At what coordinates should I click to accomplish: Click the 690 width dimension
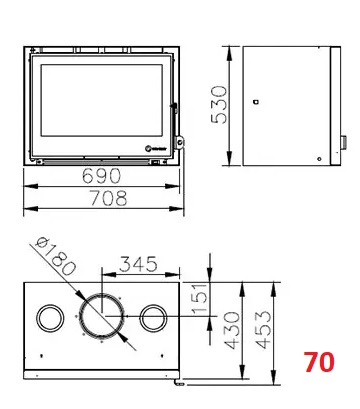[101, 176]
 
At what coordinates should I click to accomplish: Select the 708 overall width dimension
[108, 198]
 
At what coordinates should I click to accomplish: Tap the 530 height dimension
[219, 105]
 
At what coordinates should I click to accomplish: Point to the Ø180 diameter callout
[55, 256]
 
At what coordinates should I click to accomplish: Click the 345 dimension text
[138, 264]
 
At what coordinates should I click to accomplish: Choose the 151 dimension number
[200, 298]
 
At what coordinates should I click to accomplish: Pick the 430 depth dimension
[232, 330]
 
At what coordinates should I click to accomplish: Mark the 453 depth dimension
[263, 330]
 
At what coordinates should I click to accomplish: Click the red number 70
[319, 362]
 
